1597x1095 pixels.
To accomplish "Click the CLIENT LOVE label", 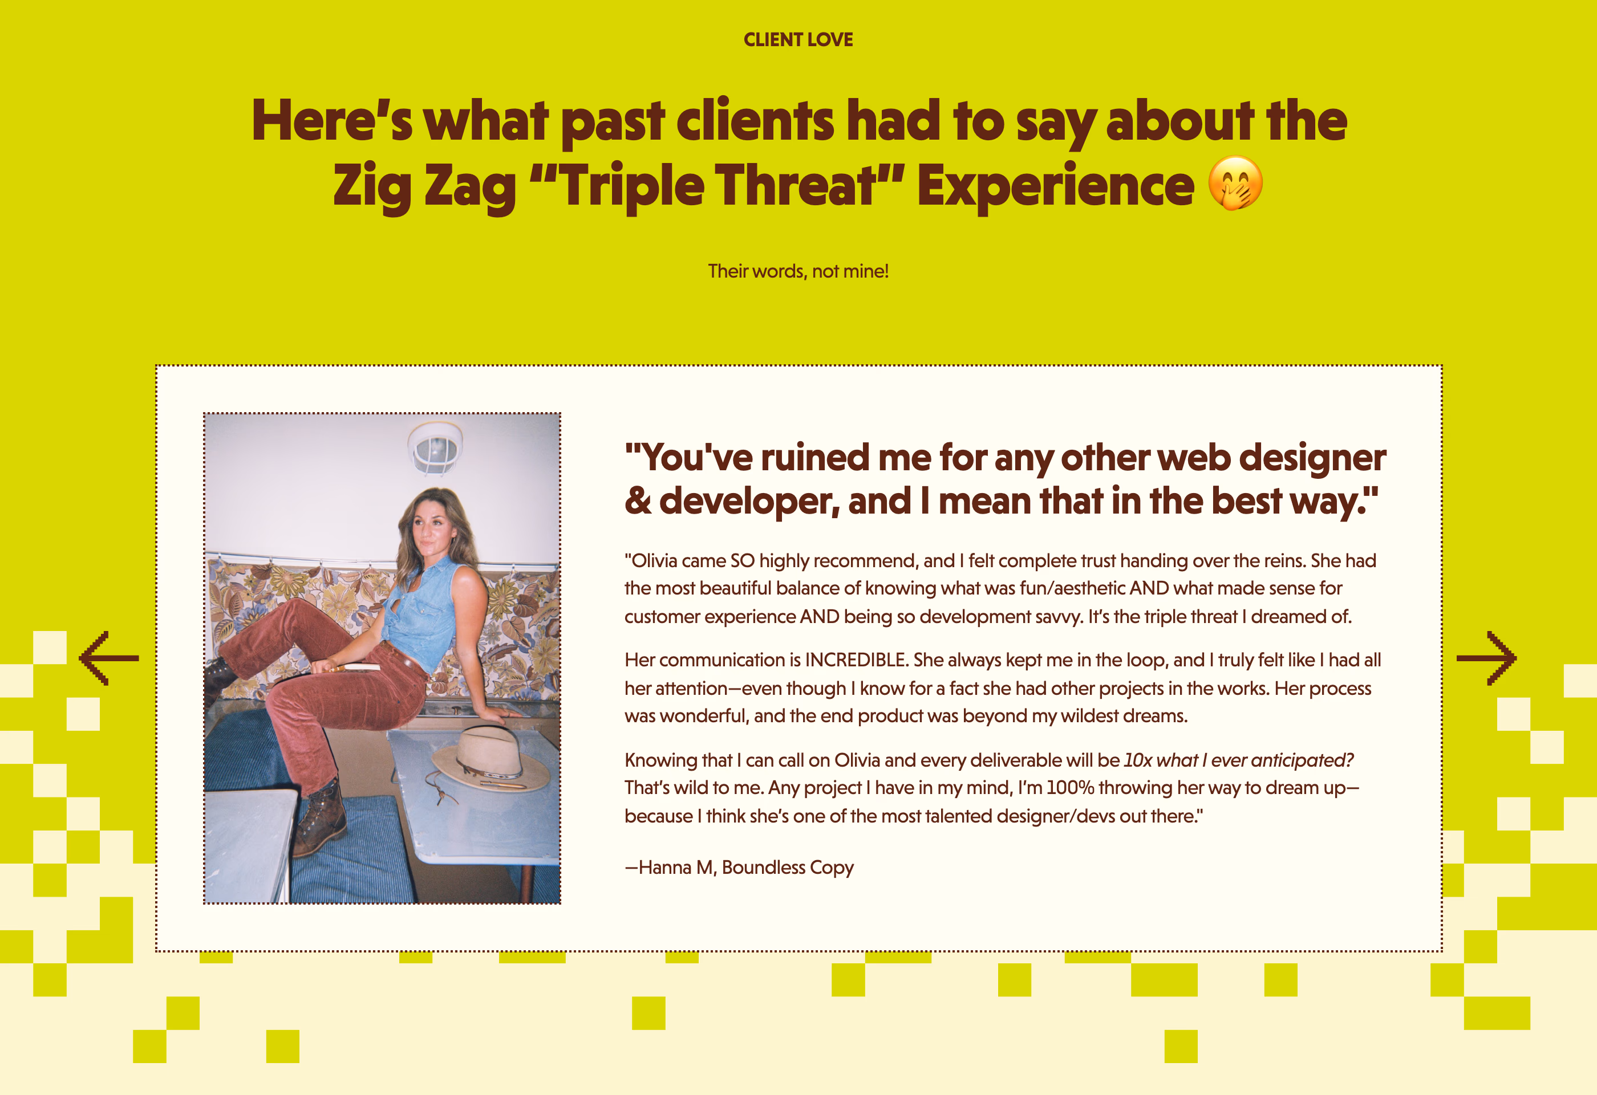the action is click(798, 40).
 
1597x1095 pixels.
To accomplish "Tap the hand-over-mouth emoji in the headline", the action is click(1235, 184).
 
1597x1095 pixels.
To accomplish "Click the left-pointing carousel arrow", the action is click(108, 658).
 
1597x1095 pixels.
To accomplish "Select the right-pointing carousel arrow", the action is click(1486, 658).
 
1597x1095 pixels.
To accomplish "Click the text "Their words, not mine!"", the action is click(798, 271).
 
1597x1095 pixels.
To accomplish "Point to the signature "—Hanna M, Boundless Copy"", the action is click(739, 868).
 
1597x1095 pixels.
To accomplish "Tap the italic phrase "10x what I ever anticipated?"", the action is click(1238, 760).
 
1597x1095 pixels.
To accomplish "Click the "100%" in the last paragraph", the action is click(1070, 788).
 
